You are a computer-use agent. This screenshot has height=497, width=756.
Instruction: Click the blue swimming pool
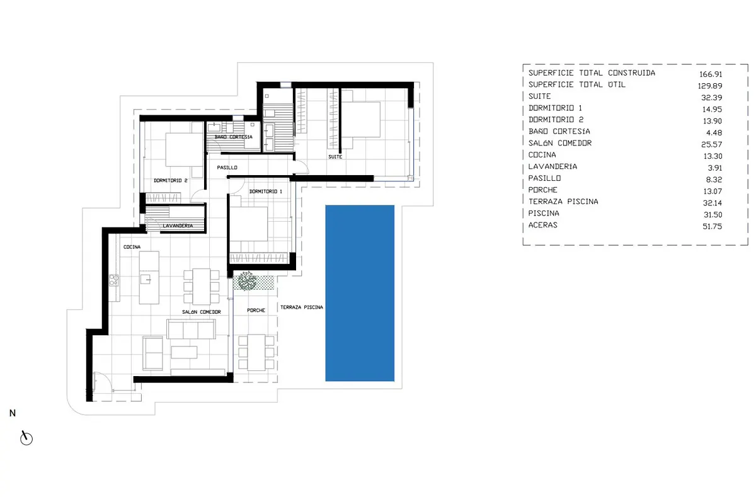[x=360, y=293]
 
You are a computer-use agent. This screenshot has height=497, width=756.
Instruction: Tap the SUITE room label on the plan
[x=335, y=157]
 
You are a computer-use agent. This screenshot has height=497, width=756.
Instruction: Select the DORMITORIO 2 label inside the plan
[x=171, y=181]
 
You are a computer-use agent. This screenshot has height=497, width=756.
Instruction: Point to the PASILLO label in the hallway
[x=227, y=168]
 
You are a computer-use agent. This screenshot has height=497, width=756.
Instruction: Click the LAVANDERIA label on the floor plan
[x=178, y=226]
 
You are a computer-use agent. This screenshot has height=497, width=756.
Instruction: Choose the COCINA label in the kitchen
[x=132, y=247]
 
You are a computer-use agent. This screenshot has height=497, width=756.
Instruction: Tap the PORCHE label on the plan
[x=256, y=310]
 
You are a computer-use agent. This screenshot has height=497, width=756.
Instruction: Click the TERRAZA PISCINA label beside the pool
[x=302, y=307]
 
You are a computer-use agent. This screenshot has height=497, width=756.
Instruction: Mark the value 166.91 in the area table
[x=711, y=74]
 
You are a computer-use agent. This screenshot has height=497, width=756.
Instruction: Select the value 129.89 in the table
[x=710, y=86]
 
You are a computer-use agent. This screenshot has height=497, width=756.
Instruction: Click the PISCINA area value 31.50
[x=713, y=215]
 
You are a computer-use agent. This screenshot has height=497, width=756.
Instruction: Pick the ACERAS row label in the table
[x=542, y=225]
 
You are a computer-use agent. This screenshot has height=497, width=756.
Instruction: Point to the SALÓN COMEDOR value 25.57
[x=712, y=144]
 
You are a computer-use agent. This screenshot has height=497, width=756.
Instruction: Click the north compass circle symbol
[x=26, y=439]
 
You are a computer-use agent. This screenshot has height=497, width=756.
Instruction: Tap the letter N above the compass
[x=13, y=413]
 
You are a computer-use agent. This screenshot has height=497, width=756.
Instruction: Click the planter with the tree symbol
[x=253, y=282]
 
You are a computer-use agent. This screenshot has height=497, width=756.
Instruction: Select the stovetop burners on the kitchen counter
[x=114, y=280]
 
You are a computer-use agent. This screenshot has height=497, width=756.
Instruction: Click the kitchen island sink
[x=146, y=279]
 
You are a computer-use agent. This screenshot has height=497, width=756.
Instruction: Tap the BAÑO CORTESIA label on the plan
[x=234, y=137]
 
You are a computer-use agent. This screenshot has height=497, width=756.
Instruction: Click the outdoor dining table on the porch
[x=256, y=352]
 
